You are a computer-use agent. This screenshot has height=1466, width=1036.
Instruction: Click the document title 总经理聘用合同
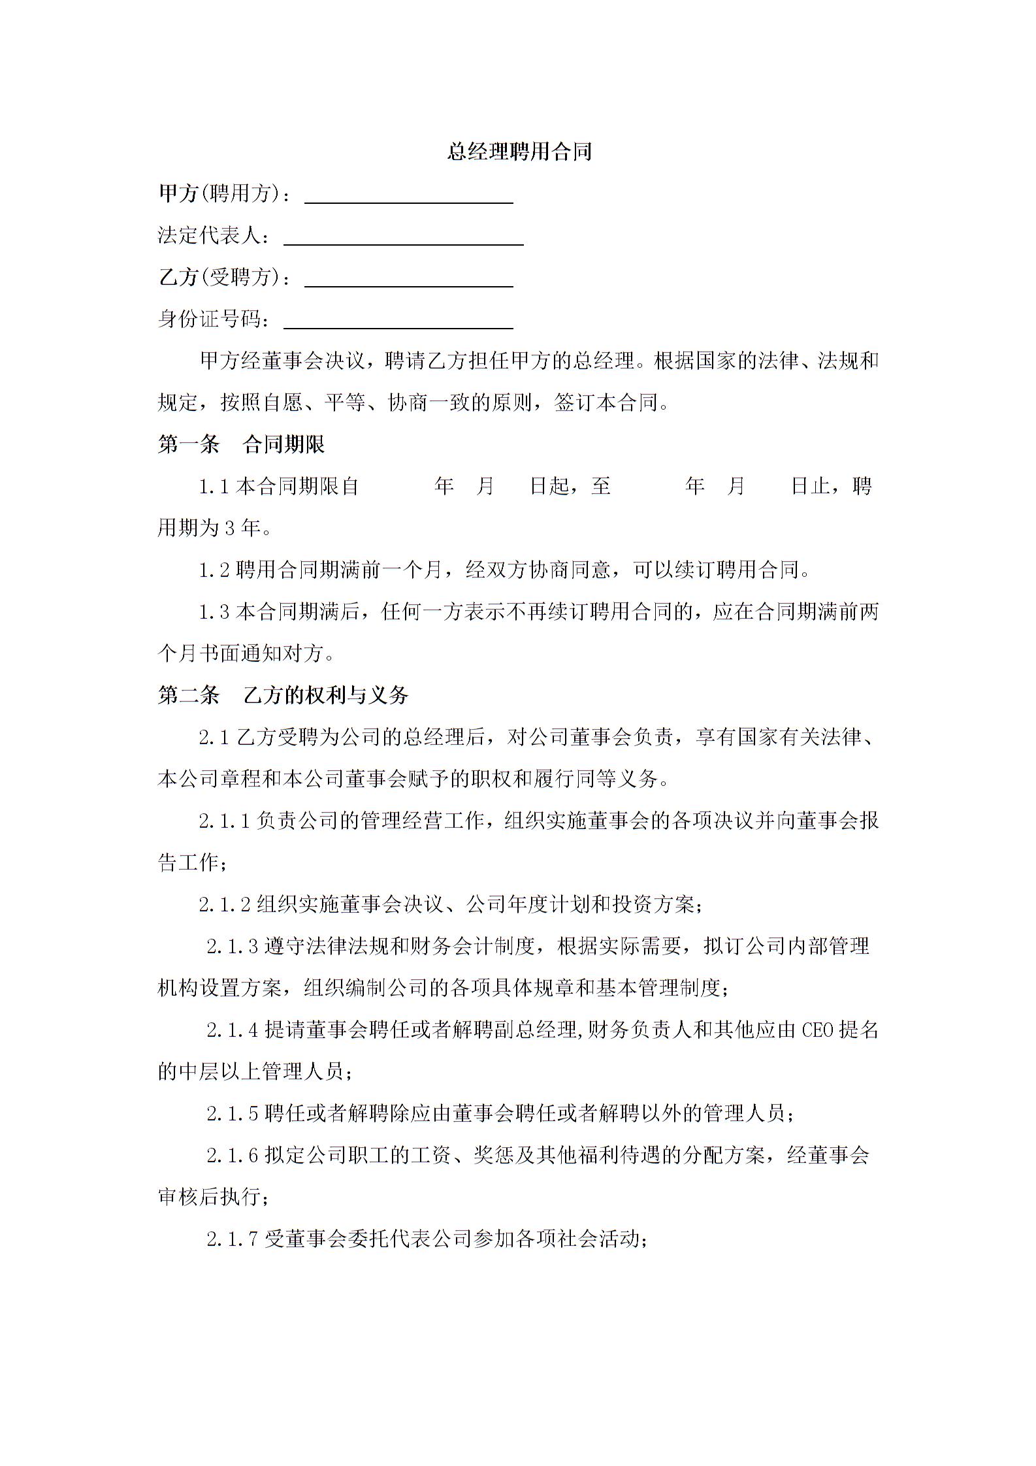[x=519, y=152]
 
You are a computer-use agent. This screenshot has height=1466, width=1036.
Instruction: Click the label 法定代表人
[x=213, y=236]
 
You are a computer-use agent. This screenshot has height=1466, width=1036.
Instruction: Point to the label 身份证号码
[x=213, y=319]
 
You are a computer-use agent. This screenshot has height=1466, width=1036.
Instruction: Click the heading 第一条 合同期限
[x=241, y=445]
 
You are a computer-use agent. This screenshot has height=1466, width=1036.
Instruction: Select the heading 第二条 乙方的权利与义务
[x=283, y=694]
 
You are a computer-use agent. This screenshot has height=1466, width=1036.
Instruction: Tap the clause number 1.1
[x=214, y=487]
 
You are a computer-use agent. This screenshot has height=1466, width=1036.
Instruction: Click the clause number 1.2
[x=214, y=570]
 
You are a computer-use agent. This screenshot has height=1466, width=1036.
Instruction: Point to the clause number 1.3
[x=214, y=612]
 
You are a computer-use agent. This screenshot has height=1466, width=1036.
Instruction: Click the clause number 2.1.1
[x=225, y=821]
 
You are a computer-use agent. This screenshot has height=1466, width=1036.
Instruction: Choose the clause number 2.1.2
[x=225, y=905]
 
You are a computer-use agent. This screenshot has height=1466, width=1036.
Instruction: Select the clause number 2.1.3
[x=233, y=947]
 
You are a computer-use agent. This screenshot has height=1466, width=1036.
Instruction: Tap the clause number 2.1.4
[x=233, y=1030]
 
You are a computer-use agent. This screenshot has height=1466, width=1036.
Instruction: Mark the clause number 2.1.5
[x=233, y=1113]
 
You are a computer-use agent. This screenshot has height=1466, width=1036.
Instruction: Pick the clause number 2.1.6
[x=233, y=1156]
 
